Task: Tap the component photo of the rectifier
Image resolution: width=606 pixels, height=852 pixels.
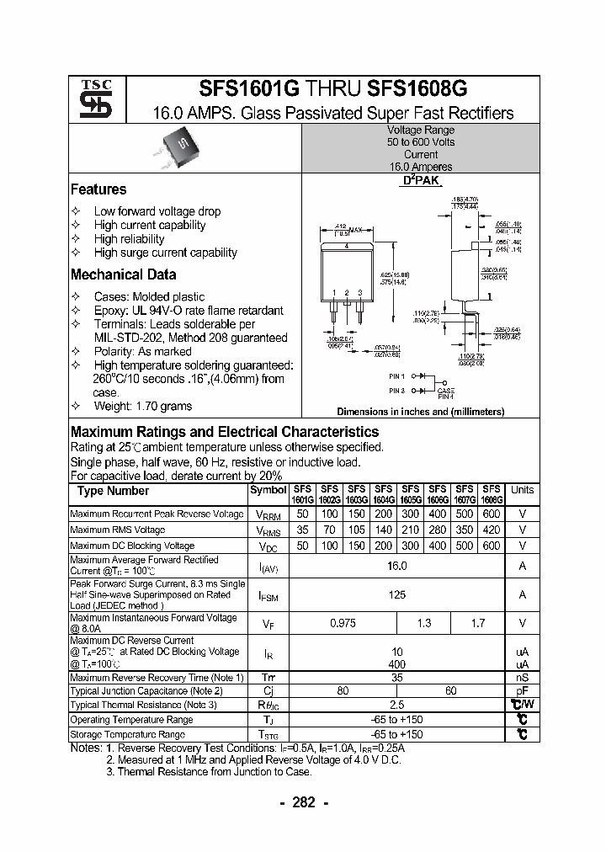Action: pos(182,147)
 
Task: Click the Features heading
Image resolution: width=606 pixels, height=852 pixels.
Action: pos(98,189)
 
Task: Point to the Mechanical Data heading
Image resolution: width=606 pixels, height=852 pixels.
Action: pos(123,274)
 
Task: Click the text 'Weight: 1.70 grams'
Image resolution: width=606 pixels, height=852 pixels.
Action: pos(142,406)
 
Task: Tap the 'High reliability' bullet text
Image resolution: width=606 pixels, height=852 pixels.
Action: pos(129,239)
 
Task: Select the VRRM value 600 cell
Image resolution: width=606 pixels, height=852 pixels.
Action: pos(492,514)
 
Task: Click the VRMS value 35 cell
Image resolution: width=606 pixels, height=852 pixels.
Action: pos(302,530)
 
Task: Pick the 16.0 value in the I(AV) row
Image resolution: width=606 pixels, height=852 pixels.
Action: pos(396,567)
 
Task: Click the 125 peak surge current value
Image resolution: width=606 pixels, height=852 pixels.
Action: pos(396,594)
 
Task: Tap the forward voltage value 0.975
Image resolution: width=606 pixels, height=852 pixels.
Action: pos(343,623)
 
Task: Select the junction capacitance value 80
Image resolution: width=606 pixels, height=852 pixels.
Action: pos(343,690)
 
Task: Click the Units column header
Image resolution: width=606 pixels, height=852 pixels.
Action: pos(522,490)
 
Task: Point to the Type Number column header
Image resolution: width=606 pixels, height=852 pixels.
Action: pos(114,491)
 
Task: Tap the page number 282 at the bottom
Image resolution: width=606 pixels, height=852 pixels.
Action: pos(303,803)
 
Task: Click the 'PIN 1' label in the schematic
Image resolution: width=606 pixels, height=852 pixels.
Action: pos(397,375)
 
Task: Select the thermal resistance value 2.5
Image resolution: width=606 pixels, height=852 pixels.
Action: pos(396,705)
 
